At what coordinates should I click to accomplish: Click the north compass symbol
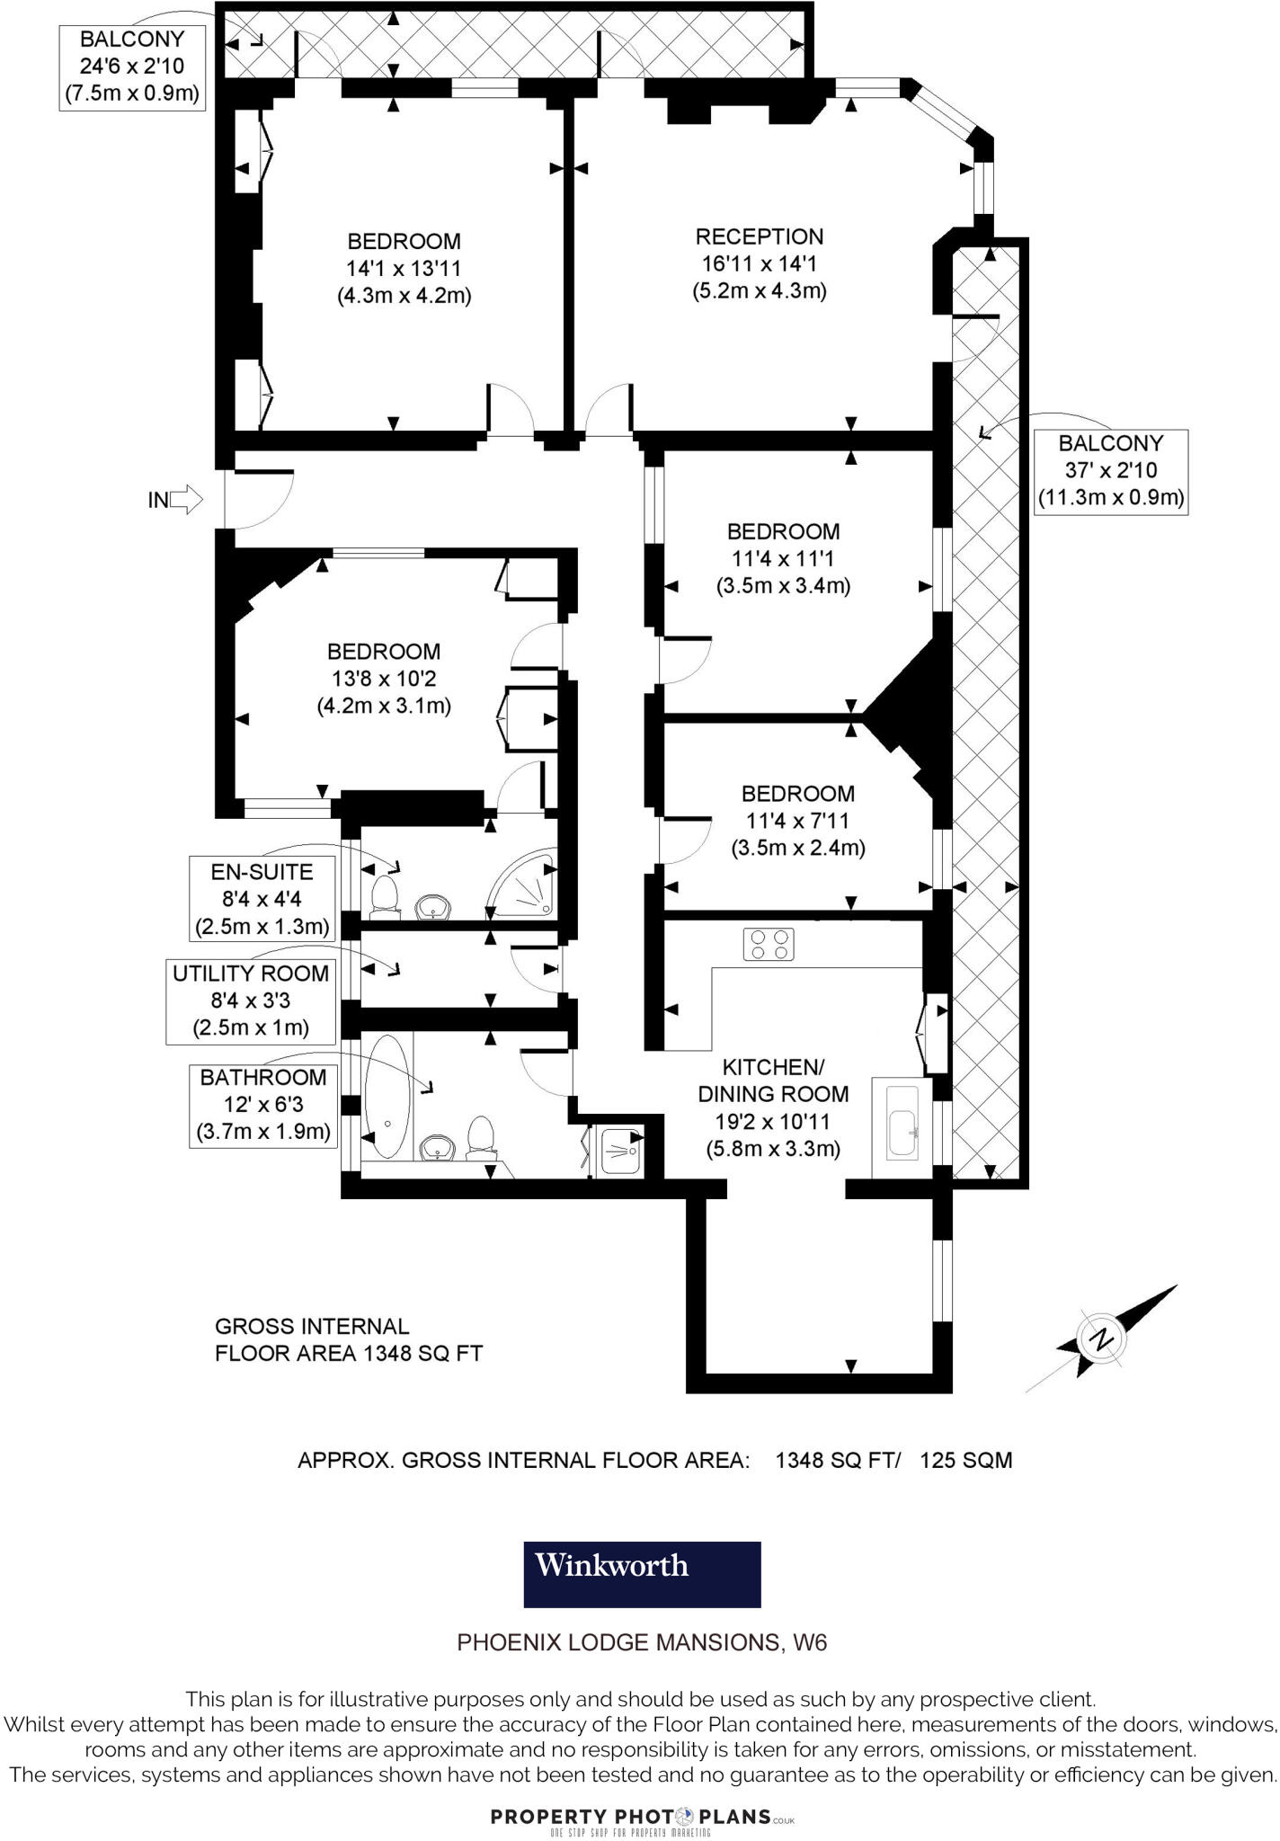click(1100, 1339)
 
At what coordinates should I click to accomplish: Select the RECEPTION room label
click(760, 236)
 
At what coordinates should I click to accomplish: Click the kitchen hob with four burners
click(769, 944)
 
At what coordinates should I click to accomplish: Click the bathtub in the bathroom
click(387, 1097)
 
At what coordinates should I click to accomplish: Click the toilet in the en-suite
click(385, 895)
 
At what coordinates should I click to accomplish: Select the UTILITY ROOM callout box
click(251, 1001)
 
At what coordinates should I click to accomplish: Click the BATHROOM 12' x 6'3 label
click(263, 1104)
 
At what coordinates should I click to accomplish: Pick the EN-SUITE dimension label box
click(262, 899)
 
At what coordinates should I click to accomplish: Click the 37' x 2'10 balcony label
click(1110, 470)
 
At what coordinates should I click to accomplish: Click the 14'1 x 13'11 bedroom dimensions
click(404, 268)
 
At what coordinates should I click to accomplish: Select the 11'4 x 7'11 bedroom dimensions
click(797, 820)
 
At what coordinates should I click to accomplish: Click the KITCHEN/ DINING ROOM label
click(773, 1081)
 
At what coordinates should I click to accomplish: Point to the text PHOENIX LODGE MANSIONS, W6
click(642, 1642)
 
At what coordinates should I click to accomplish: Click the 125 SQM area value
click(965, 1460)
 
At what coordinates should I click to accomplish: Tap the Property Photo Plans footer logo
click(642, 1817)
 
